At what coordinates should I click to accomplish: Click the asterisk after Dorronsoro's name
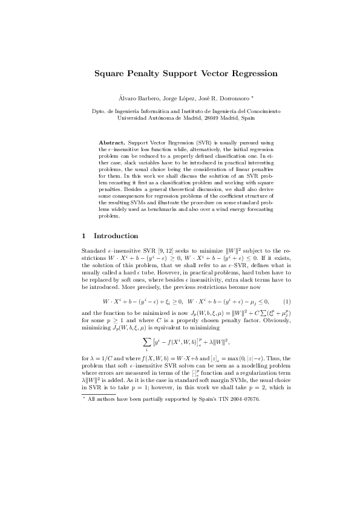(253, 97)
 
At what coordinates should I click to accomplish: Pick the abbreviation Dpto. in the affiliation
(99, 111)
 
